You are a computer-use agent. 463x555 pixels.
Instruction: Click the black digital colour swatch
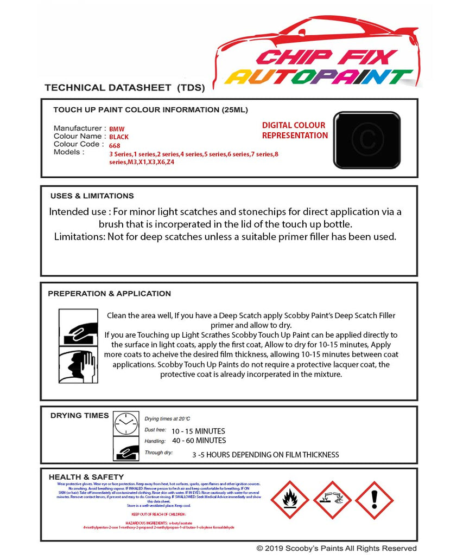pyautogui.click(x=366, y=140)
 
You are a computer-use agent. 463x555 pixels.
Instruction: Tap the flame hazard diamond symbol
pyautogui.click(x=289, y=500)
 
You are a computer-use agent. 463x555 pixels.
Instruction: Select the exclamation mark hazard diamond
pyautogui.click(x=374, y=500)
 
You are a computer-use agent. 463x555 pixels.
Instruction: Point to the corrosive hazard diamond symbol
pyautogui.click(x=332, y=500)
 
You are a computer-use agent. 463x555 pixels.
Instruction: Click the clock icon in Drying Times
pyautogui.click(x=126, y=424)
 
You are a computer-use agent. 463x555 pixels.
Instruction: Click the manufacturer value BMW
pyautogui.click(x=117, y=129)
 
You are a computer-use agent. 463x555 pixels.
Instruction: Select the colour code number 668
pyautogui.click(x=115, y=145)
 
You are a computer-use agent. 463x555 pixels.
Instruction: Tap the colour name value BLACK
pyautogui.click(x=119, y=137)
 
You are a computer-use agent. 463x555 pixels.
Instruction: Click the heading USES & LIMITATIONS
pyautogui.click(x=92, y=196)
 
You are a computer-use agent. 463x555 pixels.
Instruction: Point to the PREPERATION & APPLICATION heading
pyautogui.click(x=109, y=294)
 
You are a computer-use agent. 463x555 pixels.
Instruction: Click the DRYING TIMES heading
pyautogui.click(x=79, y=416)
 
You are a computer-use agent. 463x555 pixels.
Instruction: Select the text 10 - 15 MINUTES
pyautogui.click(x=198, y=431)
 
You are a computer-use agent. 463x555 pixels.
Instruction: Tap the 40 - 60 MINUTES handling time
pyautogui.click(x=199, y=441)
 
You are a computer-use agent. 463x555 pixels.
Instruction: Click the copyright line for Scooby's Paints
pyautogui.click(x=337, y=548)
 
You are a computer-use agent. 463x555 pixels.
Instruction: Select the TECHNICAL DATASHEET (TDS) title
pyautogui.click(x=124, y=87)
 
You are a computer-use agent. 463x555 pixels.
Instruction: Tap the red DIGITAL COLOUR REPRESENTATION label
pyautogui.click(x=295, y=131)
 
